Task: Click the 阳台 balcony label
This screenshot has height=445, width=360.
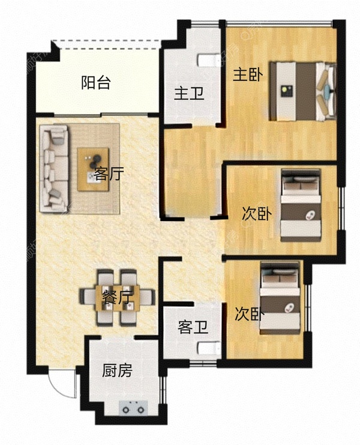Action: click(95, 83)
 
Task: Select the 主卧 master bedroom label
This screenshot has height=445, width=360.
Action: click(247, 76)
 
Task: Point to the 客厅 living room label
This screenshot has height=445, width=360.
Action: click(109, 175)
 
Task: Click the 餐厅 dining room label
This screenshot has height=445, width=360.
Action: click(117, 297)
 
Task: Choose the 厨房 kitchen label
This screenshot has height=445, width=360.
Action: click(116, 371)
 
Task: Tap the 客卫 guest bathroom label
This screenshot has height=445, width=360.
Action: click(193, 327)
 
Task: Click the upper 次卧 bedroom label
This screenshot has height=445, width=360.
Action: click(256, 214)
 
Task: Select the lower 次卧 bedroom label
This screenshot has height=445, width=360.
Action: click(249, 314)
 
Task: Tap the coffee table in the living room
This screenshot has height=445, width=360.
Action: click(94, 169)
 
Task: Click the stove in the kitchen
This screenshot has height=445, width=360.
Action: click(133, 408)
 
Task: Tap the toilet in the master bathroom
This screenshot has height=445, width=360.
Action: click(206, 61)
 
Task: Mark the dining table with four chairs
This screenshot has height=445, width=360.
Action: click(117, 296)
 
